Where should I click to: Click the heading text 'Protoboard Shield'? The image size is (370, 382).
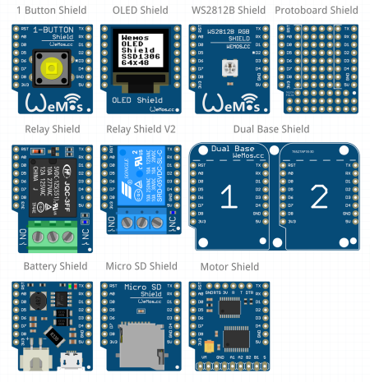[317, 10]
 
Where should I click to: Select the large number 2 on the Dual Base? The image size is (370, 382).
[319, 197]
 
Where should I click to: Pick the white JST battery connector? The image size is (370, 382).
[35, 358]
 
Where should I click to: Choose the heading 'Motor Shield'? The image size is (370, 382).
[229, 266]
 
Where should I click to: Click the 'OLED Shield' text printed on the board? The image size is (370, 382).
[137, 100]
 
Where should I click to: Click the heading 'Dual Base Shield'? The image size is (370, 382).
[271, 129]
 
